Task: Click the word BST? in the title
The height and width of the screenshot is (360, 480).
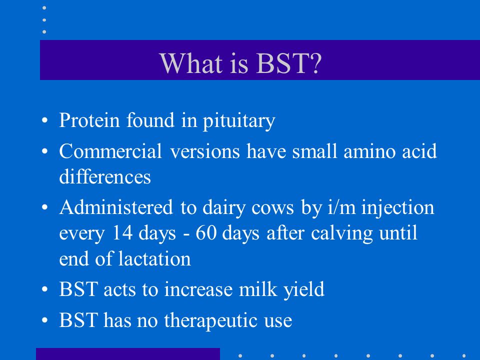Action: click(x=288, y=63)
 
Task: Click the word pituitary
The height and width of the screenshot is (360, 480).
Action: click(x=239, y=121)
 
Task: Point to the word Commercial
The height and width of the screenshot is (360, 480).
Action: click(x=110, y=151)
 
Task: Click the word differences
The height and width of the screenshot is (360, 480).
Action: click(x=105, y=176)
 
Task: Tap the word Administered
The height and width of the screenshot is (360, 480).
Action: click(x=116, y=207)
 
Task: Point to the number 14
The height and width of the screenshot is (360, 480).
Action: click(x=122, y=232)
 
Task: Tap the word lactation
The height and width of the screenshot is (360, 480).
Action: click(x=155, y=258)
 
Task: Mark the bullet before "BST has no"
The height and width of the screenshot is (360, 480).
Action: click(x=44, y=320)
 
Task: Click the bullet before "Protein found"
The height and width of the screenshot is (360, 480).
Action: click(x=44, y=120)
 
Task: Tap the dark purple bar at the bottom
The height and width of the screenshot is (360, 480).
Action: click(x=128, y=354)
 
